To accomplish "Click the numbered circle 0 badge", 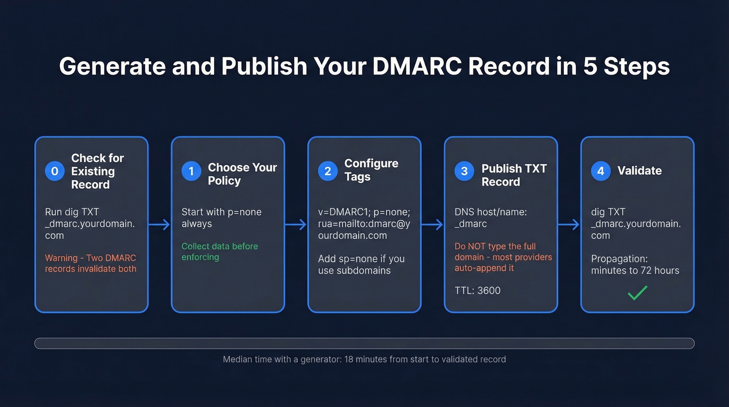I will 55,171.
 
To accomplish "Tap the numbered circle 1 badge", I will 191,171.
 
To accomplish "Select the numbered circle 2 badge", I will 328,171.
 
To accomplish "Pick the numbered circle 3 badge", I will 464,171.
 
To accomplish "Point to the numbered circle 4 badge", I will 600,171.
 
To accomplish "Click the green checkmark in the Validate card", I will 637,293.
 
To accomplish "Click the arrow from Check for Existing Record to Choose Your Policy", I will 159,225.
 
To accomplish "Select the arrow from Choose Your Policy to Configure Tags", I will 296,225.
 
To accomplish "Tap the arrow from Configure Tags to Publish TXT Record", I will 432,225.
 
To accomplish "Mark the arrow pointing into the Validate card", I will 569,225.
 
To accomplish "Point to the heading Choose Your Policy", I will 242,174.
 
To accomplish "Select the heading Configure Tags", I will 371,170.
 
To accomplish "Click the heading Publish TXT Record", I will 514,175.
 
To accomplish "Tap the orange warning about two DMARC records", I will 91,263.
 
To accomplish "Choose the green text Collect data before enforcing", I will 220,251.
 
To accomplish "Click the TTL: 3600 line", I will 477,290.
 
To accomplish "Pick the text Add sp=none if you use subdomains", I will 361,264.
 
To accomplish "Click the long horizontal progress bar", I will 364,343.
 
